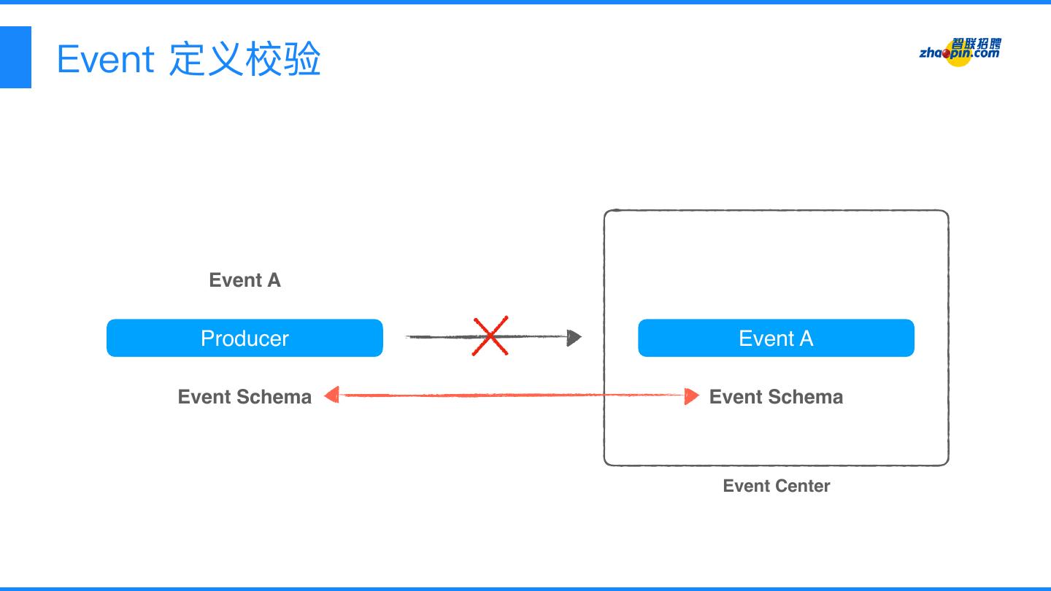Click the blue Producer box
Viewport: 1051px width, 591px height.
coord(245,338)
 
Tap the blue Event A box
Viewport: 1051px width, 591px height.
coord(776,338)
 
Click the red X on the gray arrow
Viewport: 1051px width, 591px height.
coord(490,336)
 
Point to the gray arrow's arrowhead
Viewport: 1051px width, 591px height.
coord(574,337)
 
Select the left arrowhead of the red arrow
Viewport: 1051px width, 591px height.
coord(332,395)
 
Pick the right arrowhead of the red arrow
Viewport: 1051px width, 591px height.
coord(692,396)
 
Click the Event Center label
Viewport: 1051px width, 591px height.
coord(776,486)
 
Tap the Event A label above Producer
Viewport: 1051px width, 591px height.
coord(245,280)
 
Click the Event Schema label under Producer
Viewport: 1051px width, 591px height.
coord(245,397)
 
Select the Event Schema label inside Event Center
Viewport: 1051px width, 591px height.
coord(776,397)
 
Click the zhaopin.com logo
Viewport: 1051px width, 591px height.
coord(960,51)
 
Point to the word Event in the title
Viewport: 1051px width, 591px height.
coord(105,59)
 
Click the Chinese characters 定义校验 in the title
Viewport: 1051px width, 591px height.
coord(245,59)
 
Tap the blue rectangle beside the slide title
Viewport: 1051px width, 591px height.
coord(15,57)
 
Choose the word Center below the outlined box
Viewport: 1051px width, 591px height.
coord(802,486)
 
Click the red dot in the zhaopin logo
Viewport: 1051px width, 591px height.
coord(949,53)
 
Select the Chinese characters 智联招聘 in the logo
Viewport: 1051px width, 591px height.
coord(977,44)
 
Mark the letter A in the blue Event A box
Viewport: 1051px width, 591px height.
coord(805,339)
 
